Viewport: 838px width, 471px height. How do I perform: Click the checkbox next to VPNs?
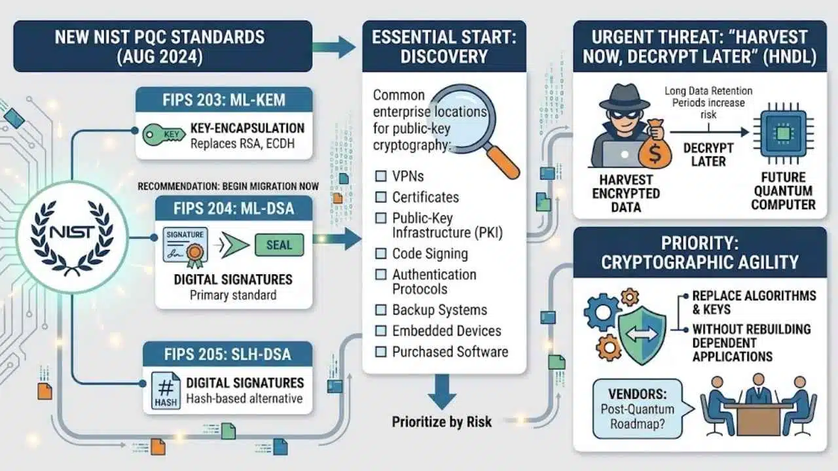[x=381, y=176]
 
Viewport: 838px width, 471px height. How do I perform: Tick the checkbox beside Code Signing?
[x=381, y=253]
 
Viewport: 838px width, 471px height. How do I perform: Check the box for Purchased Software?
[x=381, y=352]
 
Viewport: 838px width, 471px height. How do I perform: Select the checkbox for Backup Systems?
[x=381, y=310]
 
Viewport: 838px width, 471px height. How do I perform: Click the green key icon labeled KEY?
[x=164, y=135]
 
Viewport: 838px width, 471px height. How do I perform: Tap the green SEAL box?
[x=279, y=245]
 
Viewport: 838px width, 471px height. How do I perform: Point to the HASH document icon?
[x=166, y=391]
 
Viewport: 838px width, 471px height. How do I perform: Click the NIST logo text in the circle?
[x=72, y=232]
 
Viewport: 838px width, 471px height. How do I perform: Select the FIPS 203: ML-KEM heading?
[x=224, y=100]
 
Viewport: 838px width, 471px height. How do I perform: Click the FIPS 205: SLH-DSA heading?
[x=227, y=355]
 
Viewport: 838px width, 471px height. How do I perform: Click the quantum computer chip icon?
[x=784, y=132]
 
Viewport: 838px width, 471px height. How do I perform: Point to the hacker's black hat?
[x=625, y=97]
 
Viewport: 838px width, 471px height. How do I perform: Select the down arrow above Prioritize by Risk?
[x=442, y=391]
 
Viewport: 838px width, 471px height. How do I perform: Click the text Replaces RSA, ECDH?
[x=242, y=143]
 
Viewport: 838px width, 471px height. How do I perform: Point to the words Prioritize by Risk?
[x=442, y=422]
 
